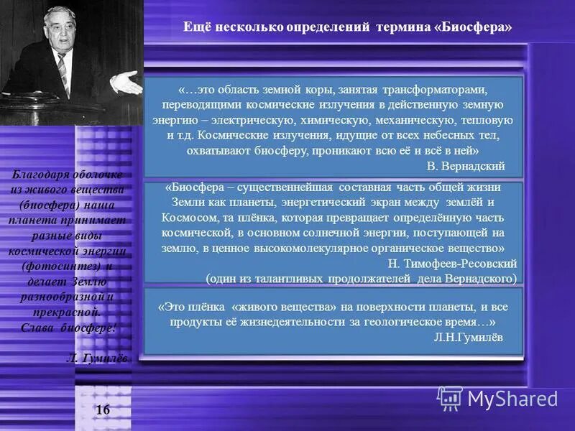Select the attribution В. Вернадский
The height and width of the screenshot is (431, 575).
click(x=466, y=167)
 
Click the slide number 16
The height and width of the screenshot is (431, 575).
click(x=103, y=410)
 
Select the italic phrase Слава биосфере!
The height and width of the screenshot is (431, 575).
click(x=65, y=325)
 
